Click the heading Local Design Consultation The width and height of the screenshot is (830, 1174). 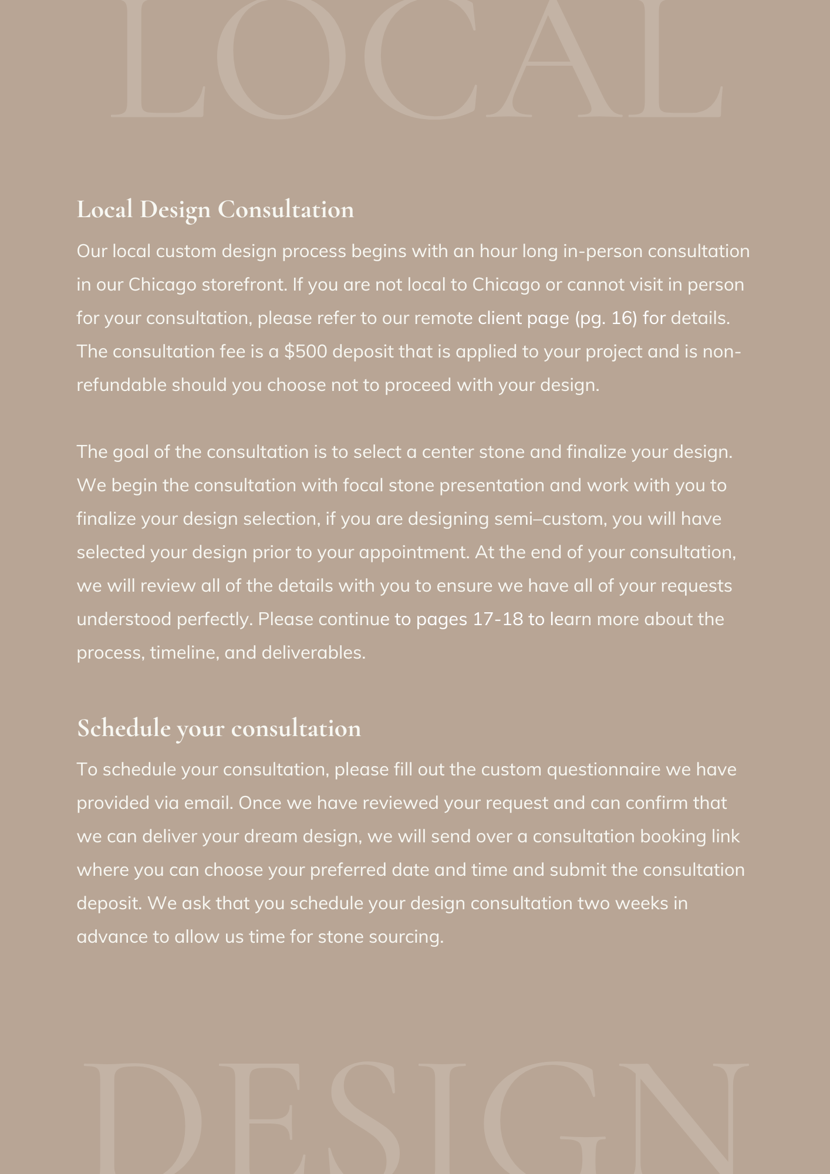click(x=215, y=210)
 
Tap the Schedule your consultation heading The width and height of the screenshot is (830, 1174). click(x=218, y=728)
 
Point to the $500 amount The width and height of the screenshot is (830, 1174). click(x=306, y=352)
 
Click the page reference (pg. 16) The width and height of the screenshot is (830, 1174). click(x=605, y=318)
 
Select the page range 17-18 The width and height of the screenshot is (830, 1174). click(x=497, y=619)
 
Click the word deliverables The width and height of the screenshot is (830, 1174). click(x=313, y=653)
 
